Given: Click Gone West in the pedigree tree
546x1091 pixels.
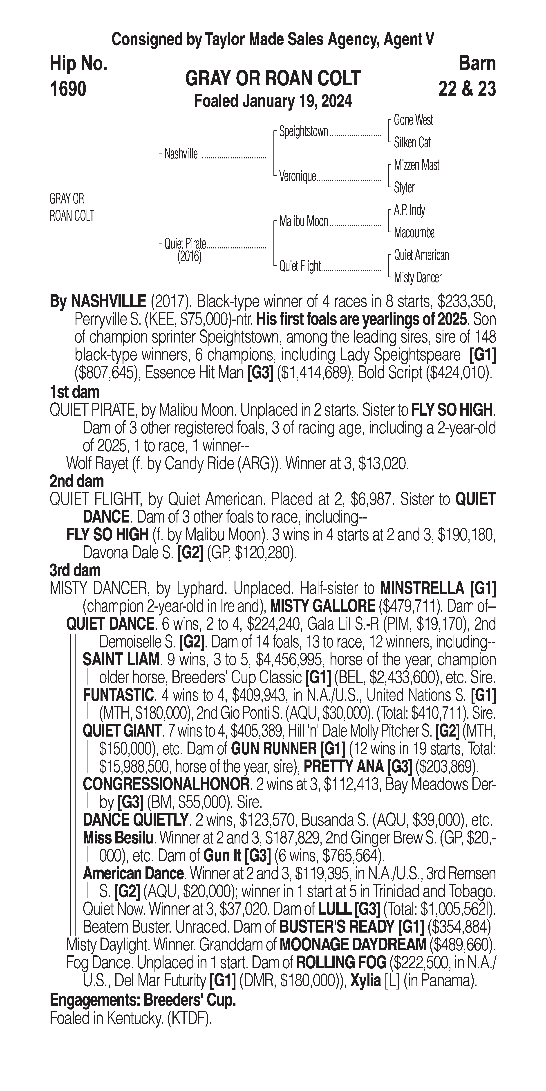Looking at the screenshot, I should pyautogui.click(x=413, y=120).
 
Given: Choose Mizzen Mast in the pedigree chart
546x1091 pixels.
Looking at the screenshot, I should pyautogui.click(x=416, y=165).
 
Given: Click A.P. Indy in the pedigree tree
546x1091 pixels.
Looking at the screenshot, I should pyautogui.click(x=409, y=210).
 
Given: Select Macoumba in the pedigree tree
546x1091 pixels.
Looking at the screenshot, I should pyautogui.click(x=414, y=232).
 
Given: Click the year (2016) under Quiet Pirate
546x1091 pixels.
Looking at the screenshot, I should pyautogui.click(x=189, y=257).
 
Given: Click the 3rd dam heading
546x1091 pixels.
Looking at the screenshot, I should pyautogui.click(x=75, y=570).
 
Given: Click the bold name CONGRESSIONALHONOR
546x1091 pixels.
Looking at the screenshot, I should pyautogui.click(x=166, y=784).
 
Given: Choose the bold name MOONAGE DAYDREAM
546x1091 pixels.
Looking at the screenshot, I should pyautogui.click(x=353, y=944).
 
